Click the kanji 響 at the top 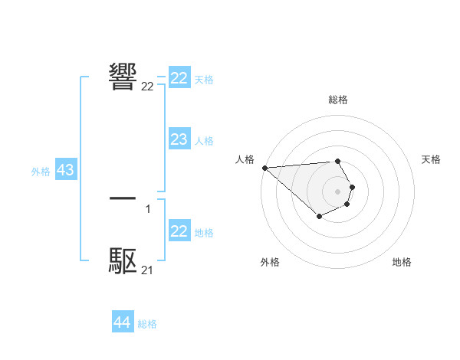point(123,74)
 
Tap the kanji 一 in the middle point(123,198)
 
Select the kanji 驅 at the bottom point(123,261)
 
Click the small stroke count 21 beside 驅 point(147,270)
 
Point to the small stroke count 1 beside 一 point(148,208)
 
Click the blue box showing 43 point(65,170)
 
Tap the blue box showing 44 point(122,322)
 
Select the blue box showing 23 point(179,139)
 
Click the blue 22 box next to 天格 point(179,78)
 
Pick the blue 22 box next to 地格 point(179,231)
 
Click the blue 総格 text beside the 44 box point(147,324)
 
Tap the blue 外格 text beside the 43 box point(41,172)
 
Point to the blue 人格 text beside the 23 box point(204,141)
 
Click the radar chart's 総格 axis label point(337,100)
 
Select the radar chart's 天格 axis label point(432,159)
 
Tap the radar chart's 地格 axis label point(402,262)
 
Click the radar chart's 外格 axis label point(270,262)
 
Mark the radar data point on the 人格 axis point(264,168)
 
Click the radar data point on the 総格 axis point(337,162)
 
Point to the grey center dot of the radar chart point(337,191)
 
